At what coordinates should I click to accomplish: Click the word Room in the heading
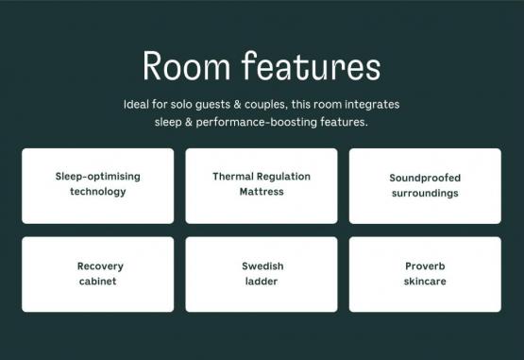(x=187, y=66)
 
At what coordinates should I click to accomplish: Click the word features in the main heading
(x=312, y=65)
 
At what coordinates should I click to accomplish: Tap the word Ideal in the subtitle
(x=136, y=104)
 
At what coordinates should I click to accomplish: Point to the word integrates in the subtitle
(x=372, y=105)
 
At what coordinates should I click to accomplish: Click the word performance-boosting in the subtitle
(x=256, y=123)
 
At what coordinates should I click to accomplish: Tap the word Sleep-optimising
(x=97, y=177)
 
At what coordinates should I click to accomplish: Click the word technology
(x=98, y=192)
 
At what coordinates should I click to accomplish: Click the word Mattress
(x=262, y=192)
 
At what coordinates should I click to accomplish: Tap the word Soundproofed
(x=425, y=179)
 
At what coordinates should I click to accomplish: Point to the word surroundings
(x=425, y=194)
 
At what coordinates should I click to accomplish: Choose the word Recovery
(x=100, y=266)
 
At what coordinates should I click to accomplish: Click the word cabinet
(x=97, y=282)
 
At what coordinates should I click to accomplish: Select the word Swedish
(x=262, y=266)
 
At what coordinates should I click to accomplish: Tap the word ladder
(x=262, y=282)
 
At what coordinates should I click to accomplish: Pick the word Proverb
(x=425, y=266)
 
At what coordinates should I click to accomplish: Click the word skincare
(x=425, y=282)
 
